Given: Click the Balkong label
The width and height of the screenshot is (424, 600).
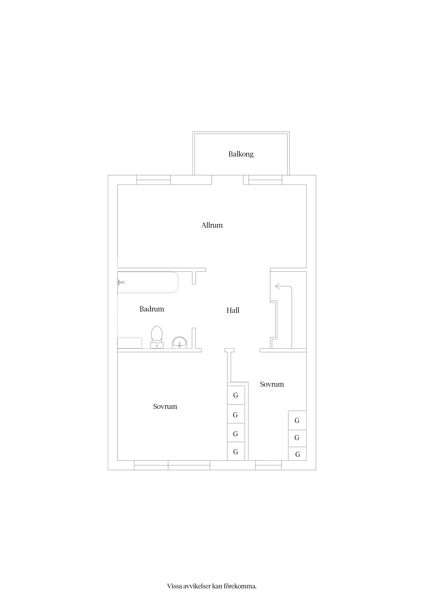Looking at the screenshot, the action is pos(241,154).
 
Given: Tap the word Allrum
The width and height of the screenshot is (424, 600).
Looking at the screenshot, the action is pos(212,225).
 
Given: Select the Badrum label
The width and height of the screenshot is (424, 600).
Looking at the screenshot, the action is pos(152,309).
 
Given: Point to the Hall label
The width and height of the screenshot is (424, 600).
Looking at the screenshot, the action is pos(233,310).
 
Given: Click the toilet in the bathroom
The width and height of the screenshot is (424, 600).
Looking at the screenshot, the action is pos(157,337).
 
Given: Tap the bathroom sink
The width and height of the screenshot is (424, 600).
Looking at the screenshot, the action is pos(180,343).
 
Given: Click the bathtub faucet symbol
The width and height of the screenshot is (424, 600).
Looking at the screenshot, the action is pos(121,282).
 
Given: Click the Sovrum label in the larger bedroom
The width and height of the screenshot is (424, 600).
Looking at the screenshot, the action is pos(165,407).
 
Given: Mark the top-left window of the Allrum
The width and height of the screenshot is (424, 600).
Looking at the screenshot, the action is pos(154,180).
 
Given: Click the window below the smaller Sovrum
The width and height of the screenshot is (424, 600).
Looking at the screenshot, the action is pos(268,465).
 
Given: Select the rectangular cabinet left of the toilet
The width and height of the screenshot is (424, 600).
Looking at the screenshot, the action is pos(130,343).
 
